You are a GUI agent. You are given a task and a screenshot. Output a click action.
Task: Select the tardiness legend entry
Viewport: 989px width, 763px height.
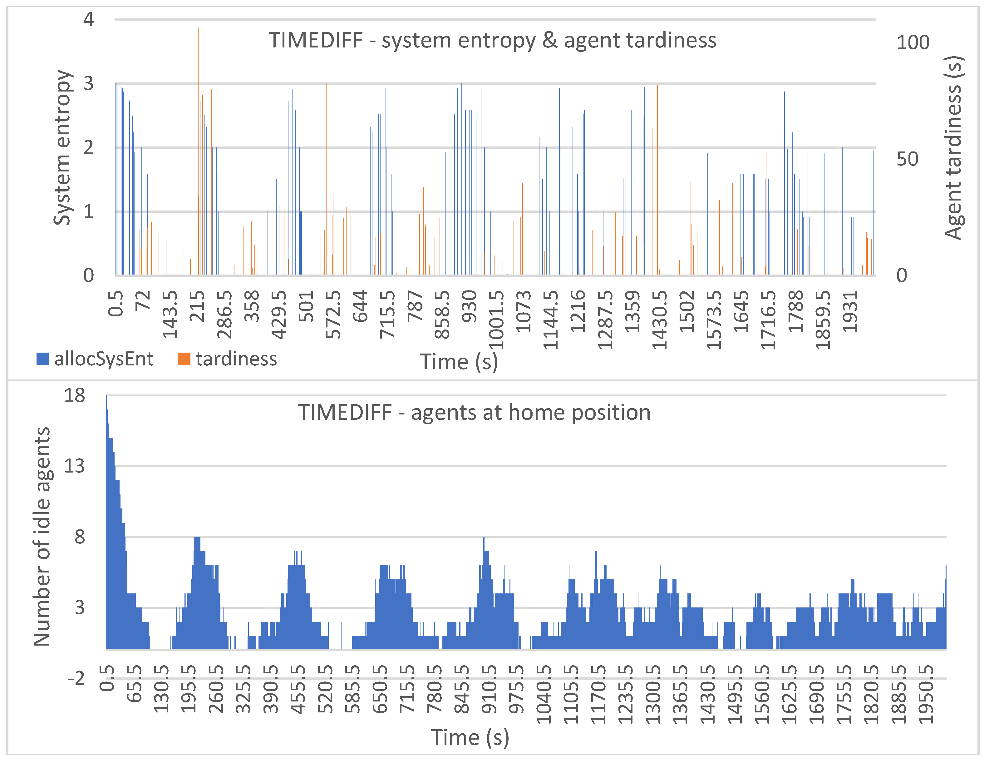pyautogui.click(x=227, y=359)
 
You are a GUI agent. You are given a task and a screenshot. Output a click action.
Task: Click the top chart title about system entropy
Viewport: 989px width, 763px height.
pyautogui.click(x=492, y=40)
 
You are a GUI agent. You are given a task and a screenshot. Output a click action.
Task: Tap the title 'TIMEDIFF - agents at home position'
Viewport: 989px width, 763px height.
pyautogui.click(x=474, y=412)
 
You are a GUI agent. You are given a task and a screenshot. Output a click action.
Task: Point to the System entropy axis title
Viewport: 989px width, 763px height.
pyautogui.click(x=62, y=147)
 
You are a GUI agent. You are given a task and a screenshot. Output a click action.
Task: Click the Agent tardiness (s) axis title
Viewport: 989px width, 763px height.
pyautogui.click(x=953, y=147)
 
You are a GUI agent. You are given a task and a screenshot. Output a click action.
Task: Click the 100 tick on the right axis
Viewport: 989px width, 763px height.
pyautogui.click(x=913, y=42)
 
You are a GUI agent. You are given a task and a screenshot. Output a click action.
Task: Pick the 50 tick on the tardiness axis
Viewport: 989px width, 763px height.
pyautogui.click(x=907, y=159)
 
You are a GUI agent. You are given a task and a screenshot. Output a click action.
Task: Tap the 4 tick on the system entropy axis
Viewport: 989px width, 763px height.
pyautogui.click(x=88, y=19)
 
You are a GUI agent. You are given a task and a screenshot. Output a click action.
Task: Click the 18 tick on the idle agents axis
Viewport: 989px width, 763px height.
pyautogui.click(x=74, y=395)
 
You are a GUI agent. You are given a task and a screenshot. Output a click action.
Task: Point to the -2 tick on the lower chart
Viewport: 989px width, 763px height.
pyautogui.click(x=76, y=679)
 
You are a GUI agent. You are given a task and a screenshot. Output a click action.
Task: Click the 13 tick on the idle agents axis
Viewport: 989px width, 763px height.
pyautogui.click(x=74, y=466)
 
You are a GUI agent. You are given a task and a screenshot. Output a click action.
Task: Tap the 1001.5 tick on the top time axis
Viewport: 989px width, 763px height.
pyautogui.click(x=497, y=320)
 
